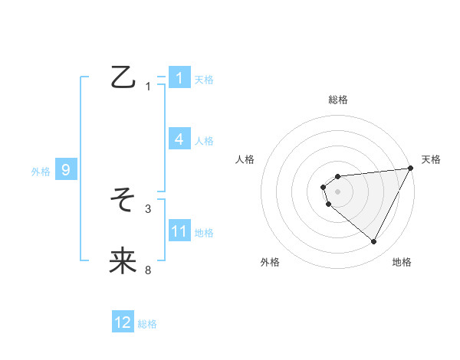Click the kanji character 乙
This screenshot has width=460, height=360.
(x=123, y=77)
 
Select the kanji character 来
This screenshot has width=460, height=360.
(x=123, y=261)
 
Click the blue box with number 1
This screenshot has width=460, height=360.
(x=179, y=77)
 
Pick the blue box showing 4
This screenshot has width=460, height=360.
(x=179, y=139)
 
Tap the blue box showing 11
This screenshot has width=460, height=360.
(x=179, y=231)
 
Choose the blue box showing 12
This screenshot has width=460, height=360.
(x=123, y=322)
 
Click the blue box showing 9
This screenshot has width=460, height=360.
(x=66, y=170)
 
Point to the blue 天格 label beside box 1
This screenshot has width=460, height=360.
(x=204, y=80)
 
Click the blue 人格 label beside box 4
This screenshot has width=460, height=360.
(x=204, y=141)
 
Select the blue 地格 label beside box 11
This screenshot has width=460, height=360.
(x=204, y=233)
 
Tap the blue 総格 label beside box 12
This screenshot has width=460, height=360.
(x=147, y=325)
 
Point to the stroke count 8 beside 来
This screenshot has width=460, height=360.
(x=149, y=270)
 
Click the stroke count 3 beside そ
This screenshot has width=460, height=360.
(x=149, y=208)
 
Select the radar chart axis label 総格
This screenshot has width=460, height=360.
(x=338, y=100)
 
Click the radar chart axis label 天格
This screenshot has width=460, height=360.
(x=431, y=159)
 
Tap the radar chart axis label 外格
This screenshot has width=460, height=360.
(x=271, y=262)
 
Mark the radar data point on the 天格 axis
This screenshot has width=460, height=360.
(x=411, y=168)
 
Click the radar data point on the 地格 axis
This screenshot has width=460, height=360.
(x=374, y=242)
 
